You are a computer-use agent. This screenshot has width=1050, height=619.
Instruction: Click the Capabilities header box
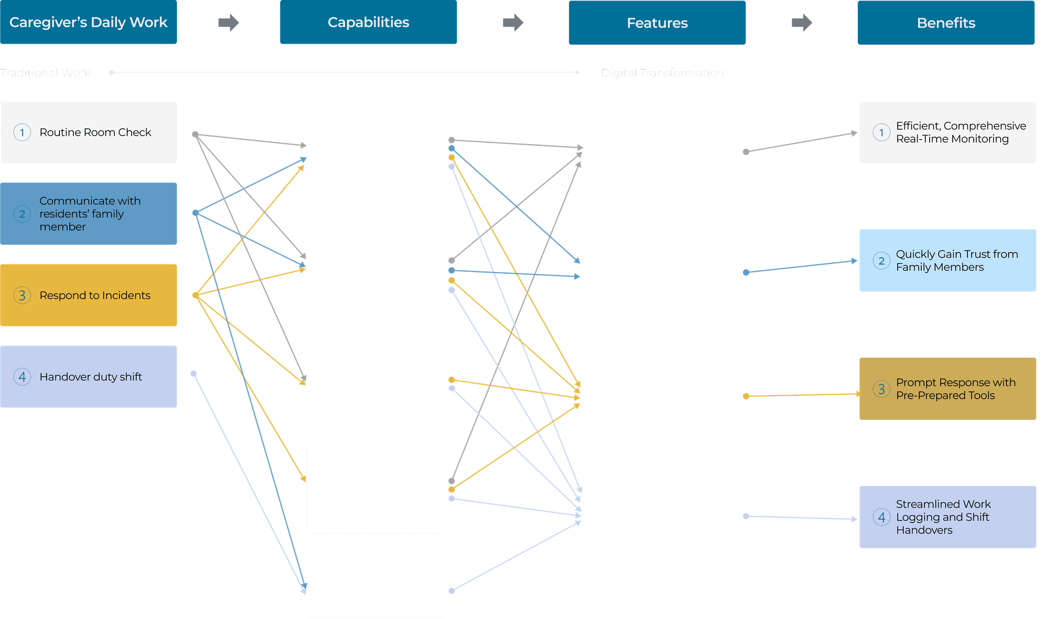[x=368, y=23]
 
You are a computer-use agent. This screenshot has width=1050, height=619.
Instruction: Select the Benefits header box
[x=946, y=23]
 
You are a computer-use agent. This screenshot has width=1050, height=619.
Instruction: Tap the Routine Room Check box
[x=89, y=132]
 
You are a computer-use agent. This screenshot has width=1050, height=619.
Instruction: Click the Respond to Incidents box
[x=89, y=295]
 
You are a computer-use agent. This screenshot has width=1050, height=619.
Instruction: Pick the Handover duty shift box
[x=89, y=377]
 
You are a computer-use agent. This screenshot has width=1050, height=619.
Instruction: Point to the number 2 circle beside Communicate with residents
[x=22, y=214]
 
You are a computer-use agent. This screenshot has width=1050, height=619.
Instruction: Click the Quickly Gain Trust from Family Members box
[x=947, y=261]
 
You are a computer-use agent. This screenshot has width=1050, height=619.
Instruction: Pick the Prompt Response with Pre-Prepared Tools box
[x=947, y=389]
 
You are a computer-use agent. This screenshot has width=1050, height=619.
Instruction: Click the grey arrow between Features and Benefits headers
[x=801, y=23]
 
